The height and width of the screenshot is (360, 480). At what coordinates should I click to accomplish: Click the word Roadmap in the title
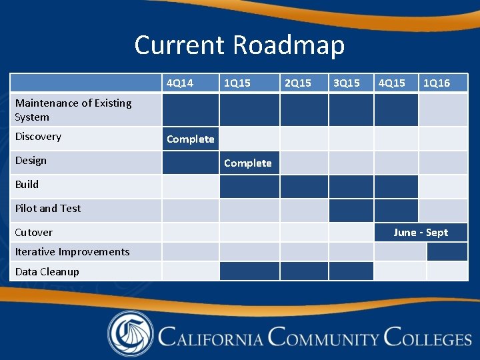point(289,45)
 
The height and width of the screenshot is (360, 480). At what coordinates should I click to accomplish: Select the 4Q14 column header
point(180,83)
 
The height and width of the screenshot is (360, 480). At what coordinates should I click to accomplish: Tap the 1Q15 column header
point(237,83)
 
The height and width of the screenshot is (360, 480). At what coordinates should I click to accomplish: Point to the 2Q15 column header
point(297,83)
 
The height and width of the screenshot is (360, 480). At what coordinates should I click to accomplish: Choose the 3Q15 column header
point(346,83)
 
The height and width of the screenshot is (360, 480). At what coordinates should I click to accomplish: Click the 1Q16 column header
point(436,83)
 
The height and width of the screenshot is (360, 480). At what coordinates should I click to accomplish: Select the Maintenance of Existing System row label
point(73,110)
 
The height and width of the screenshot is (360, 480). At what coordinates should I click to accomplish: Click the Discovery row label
point(38,137)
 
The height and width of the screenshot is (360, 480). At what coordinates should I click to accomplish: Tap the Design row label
point(31,161)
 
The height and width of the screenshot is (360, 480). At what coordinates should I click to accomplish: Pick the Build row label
point(27,185)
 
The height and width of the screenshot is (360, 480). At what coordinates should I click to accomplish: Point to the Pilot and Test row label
point(48,209)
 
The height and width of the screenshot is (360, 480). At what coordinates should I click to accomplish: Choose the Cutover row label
point(34,233)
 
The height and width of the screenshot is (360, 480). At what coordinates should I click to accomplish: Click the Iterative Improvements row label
point(72,252)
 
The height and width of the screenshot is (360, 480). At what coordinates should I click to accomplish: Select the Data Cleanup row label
point(47,272)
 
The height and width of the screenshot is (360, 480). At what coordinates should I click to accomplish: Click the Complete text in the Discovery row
point(190,139)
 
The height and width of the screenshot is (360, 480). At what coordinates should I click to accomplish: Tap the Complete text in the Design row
point(248,163)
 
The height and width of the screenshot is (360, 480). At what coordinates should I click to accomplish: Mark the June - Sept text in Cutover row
point(421,233)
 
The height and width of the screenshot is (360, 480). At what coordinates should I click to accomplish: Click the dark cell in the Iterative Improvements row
point(447,252)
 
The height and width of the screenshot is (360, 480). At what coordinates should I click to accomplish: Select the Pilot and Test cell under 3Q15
point(351,210)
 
